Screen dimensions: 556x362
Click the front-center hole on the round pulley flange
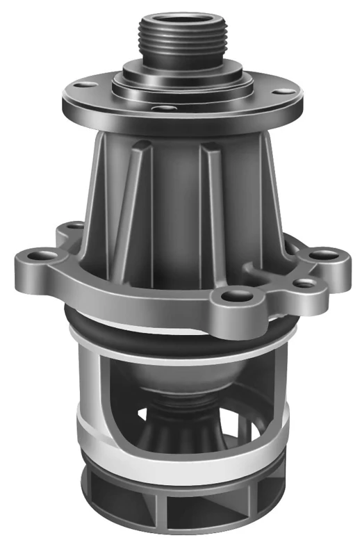coord(163,109)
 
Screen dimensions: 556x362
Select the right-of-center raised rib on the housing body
coord(212,202)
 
